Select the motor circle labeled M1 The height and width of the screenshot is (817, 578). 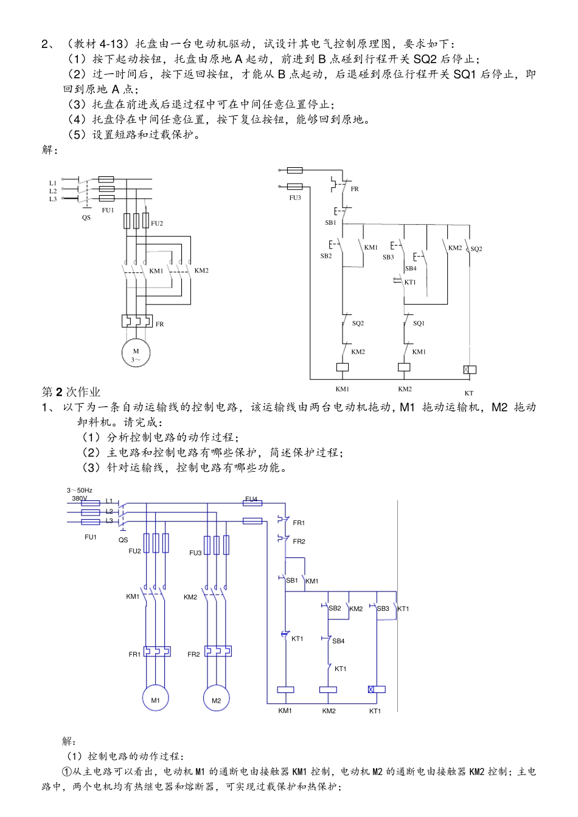156,699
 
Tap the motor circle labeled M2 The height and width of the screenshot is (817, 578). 216,699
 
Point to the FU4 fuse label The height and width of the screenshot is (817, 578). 251,499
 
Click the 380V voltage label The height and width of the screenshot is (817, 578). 80,498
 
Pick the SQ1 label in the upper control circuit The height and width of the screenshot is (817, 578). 419,323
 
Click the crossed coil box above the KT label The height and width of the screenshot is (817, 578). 469,370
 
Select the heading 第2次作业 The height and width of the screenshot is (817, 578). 71,392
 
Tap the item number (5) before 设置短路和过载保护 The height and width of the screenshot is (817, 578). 77,134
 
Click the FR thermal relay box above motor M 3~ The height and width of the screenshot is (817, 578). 136,320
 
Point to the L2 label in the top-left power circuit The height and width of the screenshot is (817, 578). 53,191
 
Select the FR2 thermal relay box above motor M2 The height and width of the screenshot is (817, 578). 218,651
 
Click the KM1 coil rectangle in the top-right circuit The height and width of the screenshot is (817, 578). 343,367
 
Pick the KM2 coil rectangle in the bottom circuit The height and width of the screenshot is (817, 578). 328,690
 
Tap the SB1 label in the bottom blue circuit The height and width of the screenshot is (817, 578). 292,581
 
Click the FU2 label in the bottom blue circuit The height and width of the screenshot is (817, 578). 134,551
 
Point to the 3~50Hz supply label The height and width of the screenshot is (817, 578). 80,490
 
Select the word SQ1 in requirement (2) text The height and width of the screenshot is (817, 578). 465,74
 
